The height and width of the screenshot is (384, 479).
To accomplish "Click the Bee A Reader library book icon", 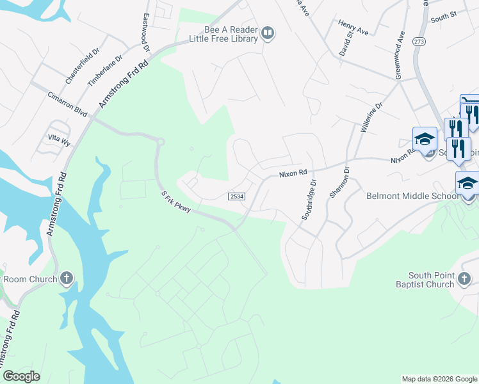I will pyautogui.click(x=268, y=33).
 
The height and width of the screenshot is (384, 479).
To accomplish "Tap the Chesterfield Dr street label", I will pyautogui.click(x=83, y=65).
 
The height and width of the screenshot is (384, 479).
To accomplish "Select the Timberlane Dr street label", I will pyautogui.click(x=104, y=69).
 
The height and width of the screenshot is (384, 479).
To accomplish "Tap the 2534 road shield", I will pyautogui.click(x=236, y=196).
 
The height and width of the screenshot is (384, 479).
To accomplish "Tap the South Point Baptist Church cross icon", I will pyautogui.click(x=466, y=278).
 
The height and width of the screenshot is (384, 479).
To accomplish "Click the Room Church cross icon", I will pyautogui.click(x=67, y=278).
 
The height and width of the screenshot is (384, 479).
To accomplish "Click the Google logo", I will pyautogui.click(x=22, y=376).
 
